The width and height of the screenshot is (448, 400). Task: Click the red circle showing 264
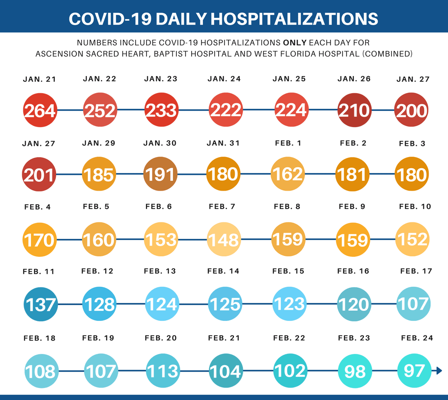tap(39, 110)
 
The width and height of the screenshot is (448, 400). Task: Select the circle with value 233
tap(161, 110)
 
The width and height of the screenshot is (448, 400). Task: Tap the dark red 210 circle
tap(354, 110)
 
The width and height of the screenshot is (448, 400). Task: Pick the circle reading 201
tap(39, 174)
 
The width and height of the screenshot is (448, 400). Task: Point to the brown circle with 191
tap(160, 174)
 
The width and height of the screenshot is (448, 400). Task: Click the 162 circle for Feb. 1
tap(288, 174)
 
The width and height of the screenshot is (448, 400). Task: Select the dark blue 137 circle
tap(40, 304)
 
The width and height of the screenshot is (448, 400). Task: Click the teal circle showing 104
tap(226, 371)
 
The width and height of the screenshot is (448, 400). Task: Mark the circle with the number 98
tap(355, 371)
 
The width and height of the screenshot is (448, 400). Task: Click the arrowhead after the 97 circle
tap(439, 370)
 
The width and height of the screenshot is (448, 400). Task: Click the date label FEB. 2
tap(353, 143)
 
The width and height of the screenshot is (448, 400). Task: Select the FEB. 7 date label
tap(222, 206)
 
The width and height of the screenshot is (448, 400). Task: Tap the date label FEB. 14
tap(224, 271)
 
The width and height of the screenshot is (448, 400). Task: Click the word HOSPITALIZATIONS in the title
tap(294, 18)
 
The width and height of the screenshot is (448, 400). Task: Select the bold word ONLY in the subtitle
tap(294, 43)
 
